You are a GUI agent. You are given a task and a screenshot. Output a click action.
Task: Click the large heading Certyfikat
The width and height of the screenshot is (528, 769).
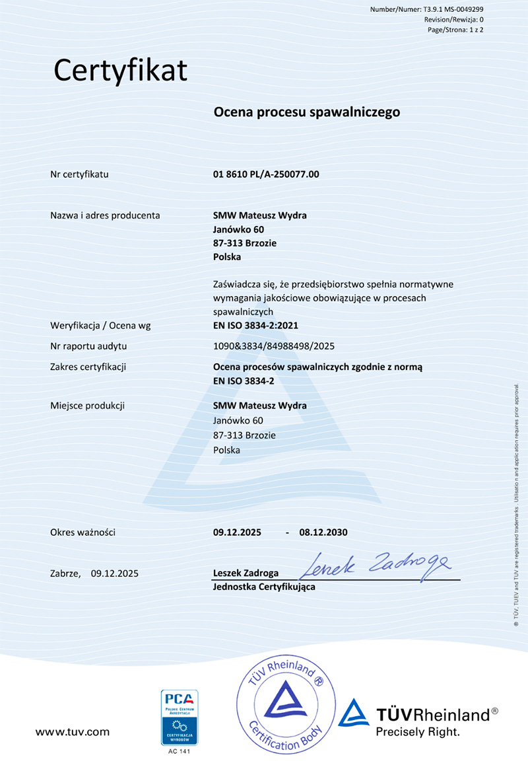click(x=121, y=70)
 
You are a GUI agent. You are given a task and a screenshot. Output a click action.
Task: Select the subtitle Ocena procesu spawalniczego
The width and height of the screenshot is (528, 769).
click(x=307, y=112)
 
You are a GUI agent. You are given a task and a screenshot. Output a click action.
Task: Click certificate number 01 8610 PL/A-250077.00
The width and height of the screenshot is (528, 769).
click(x=267, y=174)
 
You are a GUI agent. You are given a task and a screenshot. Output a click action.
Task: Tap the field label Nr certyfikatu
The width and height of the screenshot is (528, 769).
click(x=79, y=174)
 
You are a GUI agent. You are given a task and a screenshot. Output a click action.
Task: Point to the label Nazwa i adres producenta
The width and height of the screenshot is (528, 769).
click(x=105, y=215)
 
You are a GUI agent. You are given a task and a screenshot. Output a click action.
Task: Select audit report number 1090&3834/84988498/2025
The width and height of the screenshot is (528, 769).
click(x=269, y=346)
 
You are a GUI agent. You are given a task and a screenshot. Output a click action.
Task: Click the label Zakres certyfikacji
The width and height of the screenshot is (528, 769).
click(x=88, y=366)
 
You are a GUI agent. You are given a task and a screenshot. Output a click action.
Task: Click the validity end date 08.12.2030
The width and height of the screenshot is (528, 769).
click(x=323, y=532)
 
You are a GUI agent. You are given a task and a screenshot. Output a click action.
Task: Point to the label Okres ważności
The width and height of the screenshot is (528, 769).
click(x=82, y=532)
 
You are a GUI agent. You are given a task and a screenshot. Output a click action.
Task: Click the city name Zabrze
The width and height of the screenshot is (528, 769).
click(x=65, y=573)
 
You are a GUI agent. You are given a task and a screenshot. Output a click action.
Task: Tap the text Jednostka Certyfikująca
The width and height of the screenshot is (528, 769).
click(x=264, y=587)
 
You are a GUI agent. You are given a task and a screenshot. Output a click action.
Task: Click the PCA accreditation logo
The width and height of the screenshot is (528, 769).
click(x=180, y=717)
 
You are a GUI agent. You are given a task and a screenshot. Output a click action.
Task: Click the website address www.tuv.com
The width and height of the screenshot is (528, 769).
click(x=73, y=732)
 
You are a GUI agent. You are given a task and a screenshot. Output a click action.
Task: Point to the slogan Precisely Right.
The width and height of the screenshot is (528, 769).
click(x=417, y=732)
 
